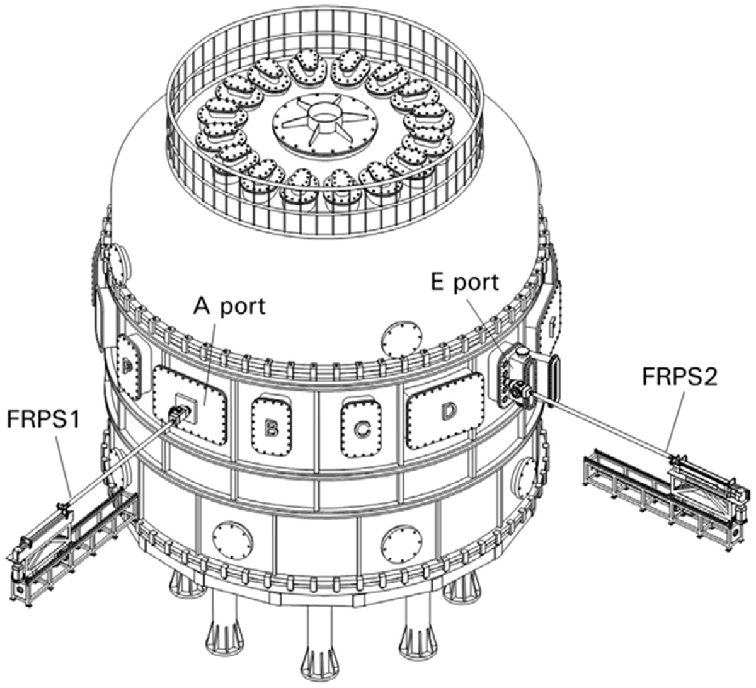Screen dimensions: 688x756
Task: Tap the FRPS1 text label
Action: click(44, 419)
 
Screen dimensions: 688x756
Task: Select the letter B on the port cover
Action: click(272, 428)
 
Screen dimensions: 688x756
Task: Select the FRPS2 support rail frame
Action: click(668, 485)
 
